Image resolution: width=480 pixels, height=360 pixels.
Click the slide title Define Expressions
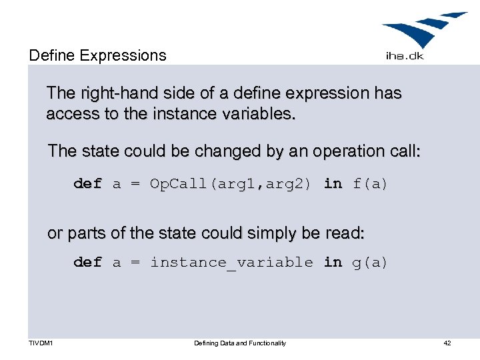coord(97,55)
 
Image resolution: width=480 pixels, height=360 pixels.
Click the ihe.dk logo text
coord(405,56)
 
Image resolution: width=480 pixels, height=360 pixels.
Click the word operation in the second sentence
coord(339,151)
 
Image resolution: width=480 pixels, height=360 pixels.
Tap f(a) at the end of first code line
coord(370,183)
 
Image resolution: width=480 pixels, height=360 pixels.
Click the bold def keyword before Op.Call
coord(87,183)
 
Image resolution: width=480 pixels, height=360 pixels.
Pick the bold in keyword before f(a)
coord(333,183)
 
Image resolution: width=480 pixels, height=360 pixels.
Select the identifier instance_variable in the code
coord(231,263)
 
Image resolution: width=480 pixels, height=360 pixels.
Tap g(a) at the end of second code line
coord(370,263)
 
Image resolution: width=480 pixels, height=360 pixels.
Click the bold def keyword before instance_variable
coord(87,263)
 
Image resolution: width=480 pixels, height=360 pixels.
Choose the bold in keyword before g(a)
coord(333,263)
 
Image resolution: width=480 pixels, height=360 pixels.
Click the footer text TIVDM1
coord(41,343)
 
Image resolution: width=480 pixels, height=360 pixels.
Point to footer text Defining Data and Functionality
coord(240,343)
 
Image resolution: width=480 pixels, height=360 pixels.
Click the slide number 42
coord(447,343)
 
